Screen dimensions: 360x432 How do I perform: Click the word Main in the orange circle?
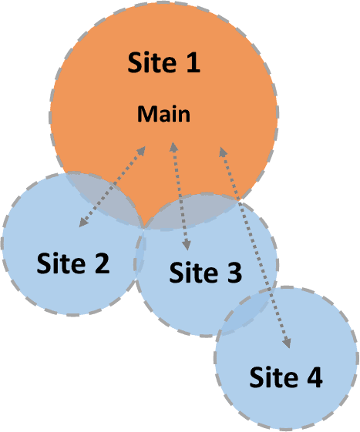pos(164,114)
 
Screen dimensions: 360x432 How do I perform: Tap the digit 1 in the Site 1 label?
pos(193,62)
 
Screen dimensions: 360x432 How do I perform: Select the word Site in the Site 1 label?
pos(152,62)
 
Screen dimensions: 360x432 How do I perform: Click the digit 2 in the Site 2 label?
pos(102,263)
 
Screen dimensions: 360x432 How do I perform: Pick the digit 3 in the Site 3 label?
pos(234,272)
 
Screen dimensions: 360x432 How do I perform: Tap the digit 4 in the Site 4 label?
pos(315,377)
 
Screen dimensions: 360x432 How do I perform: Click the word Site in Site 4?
pos(274,377)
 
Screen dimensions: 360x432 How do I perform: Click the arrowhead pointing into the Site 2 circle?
pos(83,223)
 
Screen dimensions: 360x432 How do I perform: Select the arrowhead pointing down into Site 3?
pos(187,245)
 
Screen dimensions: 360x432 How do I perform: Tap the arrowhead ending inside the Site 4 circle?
pos(288,343)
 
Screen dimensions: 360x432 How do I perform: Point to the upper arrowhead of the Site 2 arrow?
pos(141,151)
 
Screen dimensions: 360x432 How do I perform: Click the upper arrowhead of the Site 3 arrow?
pos(173,147)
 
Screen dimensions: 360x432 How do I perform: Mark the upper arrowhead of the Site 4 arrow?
pos(222,152)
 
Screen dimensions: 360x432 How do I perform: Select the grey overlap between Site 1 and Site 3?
pos(193,212)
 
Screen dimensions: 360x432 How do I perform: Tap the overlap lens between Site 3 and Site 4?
pos(246,311)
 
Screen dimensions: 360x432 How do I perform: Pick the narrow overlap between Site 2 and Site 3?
pos(140,253)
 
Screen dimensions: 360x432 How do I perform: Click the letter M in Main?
pos(145,114)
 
